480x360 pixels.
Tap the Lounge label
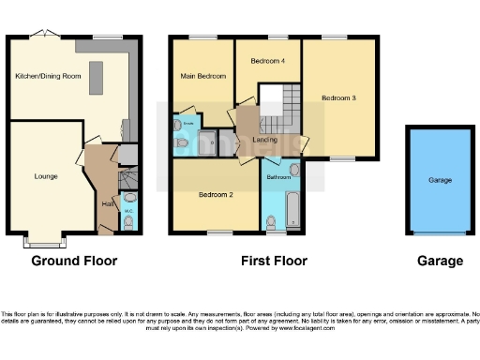(x=46, y=175)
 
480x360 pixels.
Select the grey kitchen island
(x=96, y=82)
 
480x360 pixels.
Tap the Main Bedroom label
(x=202, y=76)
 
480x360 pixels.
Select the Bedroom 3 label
(x=338, y=97)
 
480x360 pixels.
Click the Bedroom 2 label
(x=215, y=195)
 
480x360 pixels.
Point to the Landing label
(x=263, y=142)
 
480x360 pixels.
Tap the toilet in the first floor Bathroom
(x=270, y=221)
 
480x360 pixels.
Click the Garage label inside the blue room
(x=440, y=180)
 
